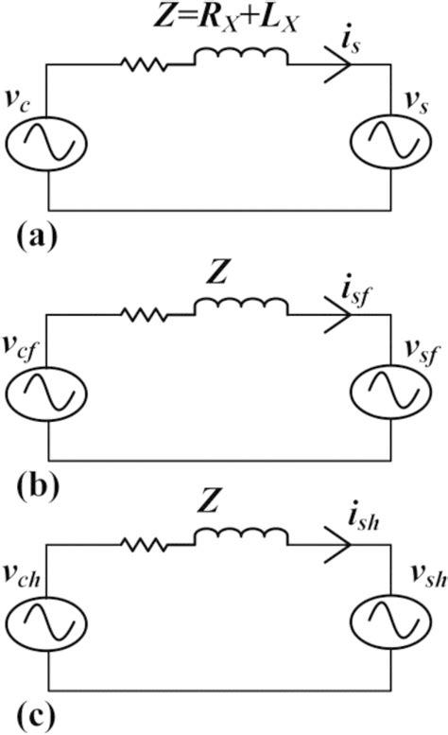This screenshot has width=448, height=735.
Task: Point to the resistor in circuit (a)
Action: [144, 65]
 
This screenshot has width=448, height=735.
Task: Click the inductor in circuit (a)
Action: [240, 61]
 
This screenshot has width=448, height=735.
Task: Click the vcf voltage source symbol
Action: [47, 393]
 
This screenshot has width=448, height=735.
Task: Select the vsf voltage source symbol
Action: [390, 393]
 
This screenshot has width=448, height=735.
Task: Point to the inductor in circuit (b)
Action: [240, 307]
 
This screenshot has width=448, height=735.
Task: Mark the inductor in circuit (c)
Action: [240, 541]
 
